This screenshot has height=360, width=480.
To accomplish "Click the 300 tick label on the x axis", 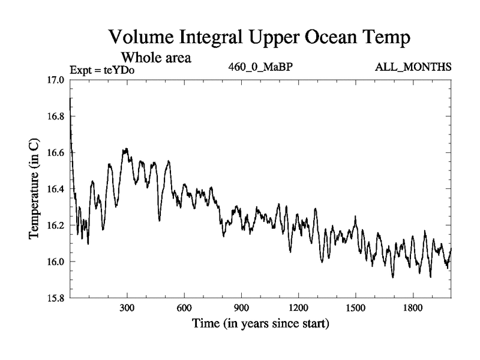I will (127, 308).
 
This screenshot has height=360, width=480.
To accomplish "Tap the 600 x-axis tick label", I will (184, 308).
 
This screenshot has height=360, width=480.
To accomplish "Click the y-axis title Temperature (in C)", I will (34, 189).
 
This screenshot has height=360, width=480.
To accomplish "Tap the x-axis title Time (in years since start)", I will (260, 325).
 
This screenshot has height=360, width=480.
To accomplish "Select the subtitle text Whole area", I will (156, 58).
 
